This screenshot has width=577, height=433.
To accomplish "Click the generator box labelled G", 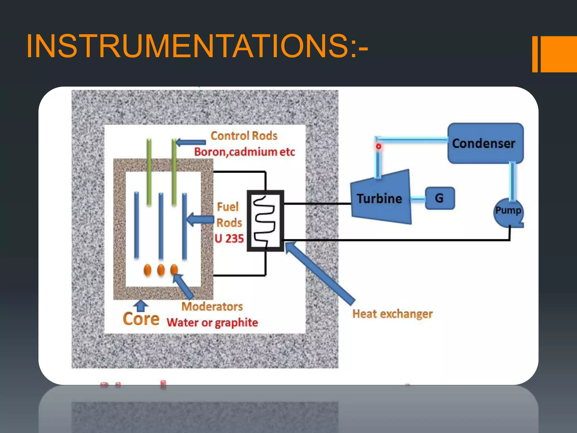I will coord(440,198).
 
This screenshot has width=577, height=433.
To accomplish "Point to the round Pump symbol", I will coord(508,212).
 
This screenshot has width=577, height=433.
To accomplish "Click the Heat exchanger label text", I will coord(392,314).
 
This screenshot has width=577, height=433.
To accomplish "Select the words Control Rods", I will coord(244,136).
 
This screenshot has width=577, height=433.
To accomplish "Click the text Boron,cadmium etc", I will coord(244,152).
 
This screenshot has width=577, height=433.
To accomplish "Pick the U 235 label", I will coord(229,238).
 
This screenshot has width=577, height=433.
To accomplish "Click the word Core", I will coord(141,319).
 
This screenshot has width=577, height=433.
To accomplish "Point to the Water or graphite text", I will coord(212,322).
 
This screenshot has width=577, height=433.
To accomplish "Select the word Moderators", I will coord(212,306).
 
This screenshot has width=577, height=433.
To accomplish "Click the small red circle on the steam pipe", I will coord(378,146).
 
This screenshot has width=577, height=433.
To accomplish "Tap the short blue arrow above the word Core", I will coord(141,305).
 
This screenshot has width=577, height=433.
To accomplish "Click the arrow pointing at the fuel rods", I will coord(200,219).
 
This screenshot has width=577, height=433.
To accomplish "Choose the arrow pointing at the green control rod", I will coord(190,142).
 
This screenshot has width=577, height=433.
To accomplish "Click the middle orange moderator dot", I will coord(161,270).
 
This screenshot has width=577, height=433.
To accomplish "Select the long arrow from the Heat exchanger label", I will coord(320,273).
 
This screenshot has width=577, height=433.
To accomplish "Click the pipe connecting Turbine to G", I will coord(418,199).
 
